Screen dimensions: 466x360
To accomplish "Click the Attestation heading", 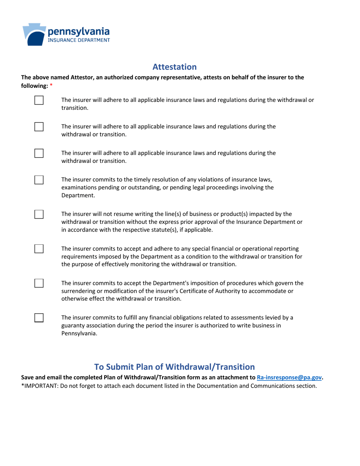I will (x=174, y=67).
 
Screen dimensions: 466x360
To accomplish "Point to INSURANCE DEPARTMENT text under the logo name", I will (x=79, y=39).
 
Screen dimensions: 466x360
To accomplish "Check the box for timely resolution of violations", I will (x=39, y=180).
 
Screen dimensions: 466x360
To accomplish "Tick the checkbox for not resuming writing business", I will (x=39, y=214).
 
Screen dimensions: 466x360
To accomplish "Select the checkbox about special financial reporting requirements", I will (x=39, y=249).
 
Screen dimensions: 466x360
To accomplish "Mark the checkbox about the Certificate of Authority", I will (x=39, y=283).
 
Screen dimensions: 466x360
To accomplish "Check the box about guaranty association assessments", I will (x=39, y=317).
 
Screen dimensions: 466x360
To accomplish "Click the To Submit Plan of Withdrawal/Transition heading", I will (x=174, y=367).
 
